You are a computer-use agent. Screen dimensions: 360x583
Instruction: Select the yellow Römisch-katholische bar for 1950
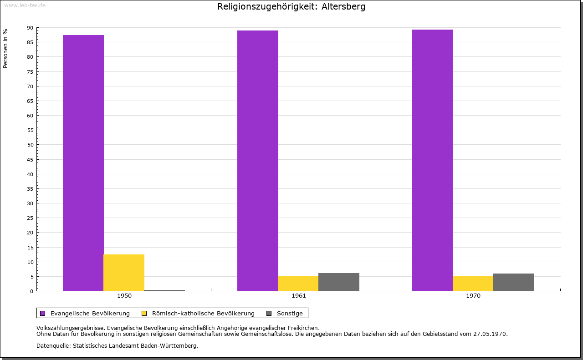coord(124,273)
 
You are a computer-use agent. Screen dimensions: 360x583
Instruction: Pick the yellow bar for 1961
coord(298,283)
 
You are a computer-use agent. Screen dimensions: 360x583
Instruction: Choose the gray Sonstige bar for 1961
coord(339,282)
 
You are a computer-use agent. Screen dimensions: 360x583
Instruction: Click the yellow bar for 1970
coord(473,284)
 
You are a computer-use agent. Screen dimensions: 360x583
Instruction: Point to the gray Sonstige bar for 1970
coord(514,282)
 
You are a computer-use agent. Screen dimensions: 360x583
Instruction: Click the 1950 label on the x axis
coord(124,296)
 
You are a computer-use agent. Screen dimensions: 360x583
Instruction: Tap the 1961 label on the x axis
coord(299,296)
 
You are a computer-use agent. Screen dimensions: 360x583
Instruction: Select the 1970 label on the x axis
coord(473,296)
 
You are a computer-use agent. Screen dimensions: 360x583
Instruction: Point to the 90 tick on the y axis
coord(30,28)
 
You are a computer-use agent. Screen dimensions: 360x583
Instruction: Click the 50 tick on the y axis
coord(30,145)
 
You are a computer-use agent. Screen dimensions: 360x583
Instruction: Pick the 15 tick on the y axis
coord(30,247)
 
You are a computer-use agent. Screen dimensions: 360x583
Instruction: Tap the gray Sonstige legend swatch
coord(269,313)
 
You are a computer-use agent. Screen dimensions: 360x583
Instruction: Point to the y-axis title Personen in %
coord(5,48)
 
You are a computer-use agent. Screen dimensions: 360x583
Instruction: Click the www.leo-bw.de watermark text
coord(25,5)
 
